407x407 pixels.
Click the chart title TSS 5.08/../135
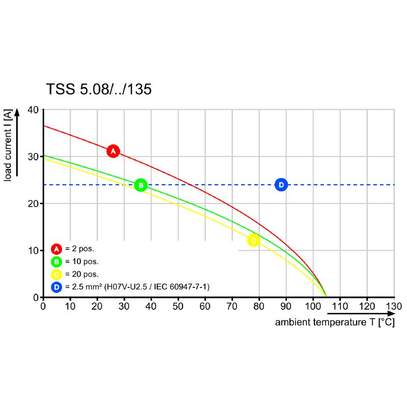click(x=99, y=90)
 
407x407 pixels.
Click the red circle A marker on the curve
click(x=113, y=151)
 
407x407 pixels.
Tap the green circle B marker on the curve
click(x=141, y=185)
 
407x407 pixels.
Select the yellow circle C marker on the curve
click(x=253, y=240)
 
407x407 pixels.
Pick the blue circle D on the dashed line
click(x=281, y=185)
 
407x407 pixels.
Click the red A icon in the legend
click(x=56, y=249)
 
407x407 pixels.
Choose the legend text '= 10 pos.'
click(x=82, y=262)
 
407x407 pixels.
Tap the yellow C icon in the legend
click(x=56, y=275)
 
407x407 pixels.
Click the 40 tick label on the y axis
click(x=33, y=110)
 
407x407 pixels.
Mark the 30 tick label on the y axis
click(x=33, y=157)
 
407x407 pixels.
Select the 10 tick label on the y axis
click(x=33, y=251)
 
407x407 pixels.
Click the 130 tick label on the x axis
click(x=394, y=306)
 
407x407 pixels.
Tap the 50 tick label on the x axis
click(x=178, y=306)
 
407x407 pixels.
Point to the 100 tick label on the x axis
click(x=312, y=306)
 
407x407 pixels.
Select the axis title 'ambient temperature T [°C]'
click(x=334, y=323)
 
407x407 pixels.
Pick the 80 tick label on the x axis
click(x=259, y=306)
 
